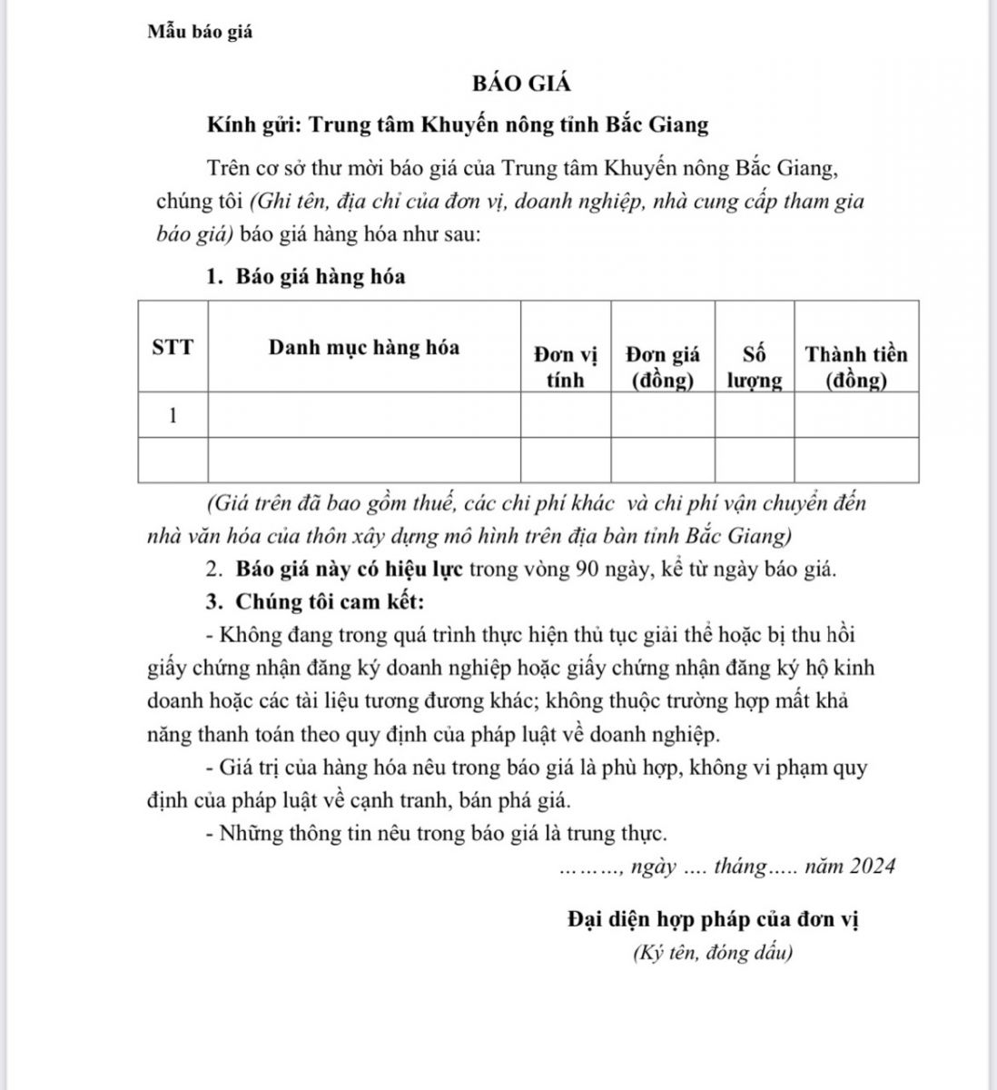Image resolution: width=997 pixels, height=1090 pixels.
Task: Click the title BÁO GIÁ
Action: click(x=521, y=84)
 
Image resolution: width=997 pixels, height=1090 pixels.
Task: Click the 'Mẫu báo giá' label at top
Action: click(x=200, y=32)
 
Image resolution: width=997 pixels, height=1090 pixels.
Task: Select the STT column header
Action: click(x=173, y=348)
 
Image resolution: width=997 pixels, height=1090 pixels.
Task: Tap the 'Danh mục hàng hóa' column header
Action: click(x=364, y=347)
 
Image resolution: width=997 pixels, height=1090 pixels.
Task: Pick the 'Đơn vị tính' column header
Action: click(x=565, y=366)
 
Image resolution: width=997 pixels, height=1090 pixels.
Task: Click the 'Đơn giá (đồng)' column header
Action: click(x=663, y=366)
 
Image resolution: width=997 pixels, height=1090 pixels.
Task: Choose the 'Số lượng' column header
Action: click(x=754, y=366)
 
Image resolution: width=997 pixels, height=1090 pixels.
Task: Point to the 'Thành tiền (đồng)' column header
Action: click(x=856, y=366)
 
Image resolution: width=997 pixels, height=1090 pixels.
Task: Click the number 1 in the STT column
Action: click(x=173, y=416)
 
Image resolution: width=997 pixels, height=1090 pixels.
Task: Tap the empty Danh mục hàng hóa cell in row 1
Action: click(x=364, y=416)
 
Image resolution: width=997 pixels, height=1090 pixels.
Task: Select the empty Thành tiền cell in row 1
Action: click(x=856, y=416)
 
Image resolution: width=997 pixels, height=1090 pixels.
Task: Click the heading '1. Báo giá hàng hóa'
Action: click(x=306, y=277)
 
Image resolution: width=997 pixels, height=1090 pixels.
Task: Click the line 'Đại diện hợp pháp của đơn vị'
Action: click(x=713, y=919)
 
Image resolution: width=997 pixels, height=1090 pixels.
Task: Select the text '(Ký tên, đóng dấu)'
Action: click(x=713, y=953)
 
